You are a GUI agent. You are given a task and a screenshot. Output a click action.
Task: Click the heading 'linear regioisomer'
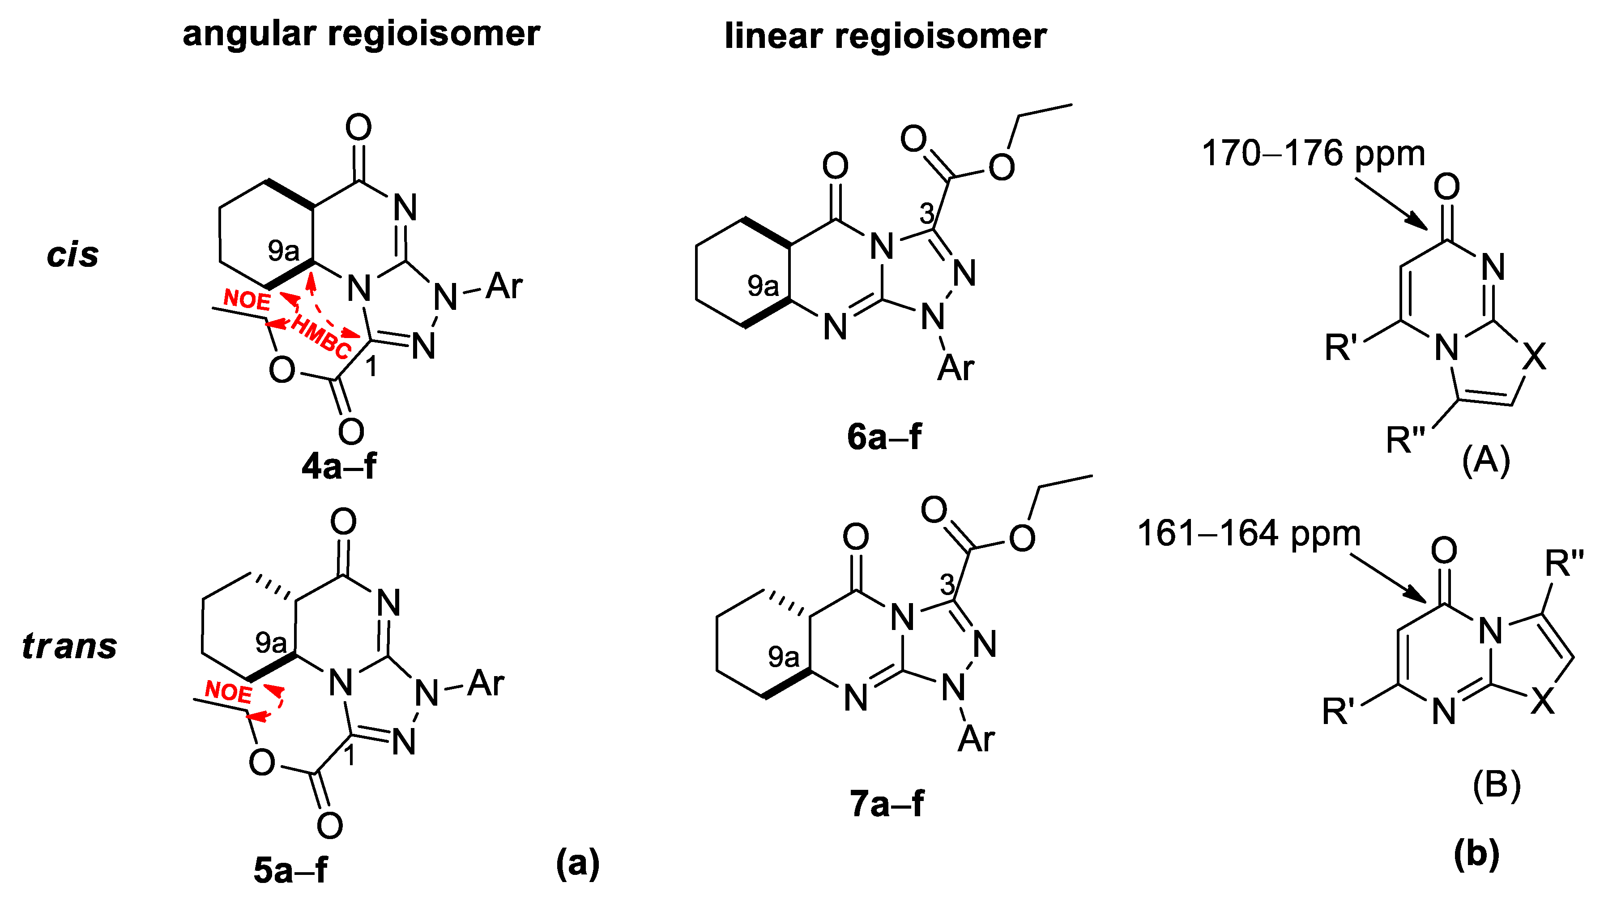click(885, 36)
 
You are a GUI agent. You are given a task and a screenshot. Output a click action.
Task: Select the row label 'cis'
click(73, 255)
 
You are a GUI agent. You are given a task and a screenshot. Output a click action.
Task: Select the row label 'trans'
click(70, 646)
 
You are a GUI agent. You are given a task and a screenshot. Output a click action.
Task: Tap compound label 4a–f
click(339, 466)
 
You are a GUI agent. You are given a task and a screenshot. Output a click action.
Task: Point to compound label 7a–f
click(887, 803)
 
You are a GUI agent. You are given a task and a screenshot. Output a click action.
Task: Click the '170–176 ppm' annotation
click(1313, 153)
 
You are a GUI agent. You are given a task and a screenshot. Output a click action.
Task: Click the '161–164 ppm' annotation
click(1249, 534)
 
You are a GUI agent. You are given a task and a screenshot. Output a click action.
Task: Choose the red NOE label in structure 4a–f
click(247, 300)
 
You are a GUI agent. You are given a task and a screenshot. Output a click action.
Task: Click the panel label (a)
click(577, 863)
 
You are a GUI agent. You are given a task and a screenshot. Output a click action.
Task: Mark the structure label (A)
click(1486, 461)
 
